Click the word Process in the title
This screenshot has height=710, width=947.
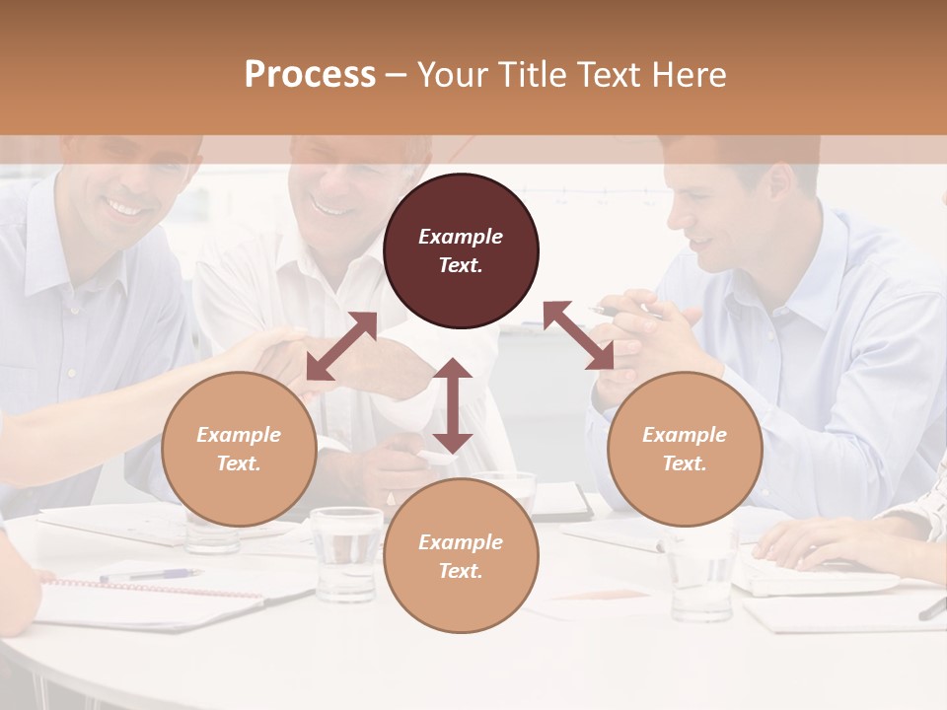pos(310,75)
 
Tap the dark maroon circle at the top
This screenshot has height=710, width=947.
pos(461,250)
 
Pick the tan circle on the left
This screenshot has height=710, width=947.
pos(239,449)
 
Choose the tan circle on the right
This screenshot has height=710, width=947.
pos(685,449)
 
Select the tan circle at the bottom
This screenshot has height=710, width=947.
pos(461,556)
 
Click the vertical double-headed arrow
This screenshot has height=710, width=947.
pos(453,405)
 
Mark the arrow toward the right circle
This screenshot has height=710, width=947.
pos(579,335)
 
